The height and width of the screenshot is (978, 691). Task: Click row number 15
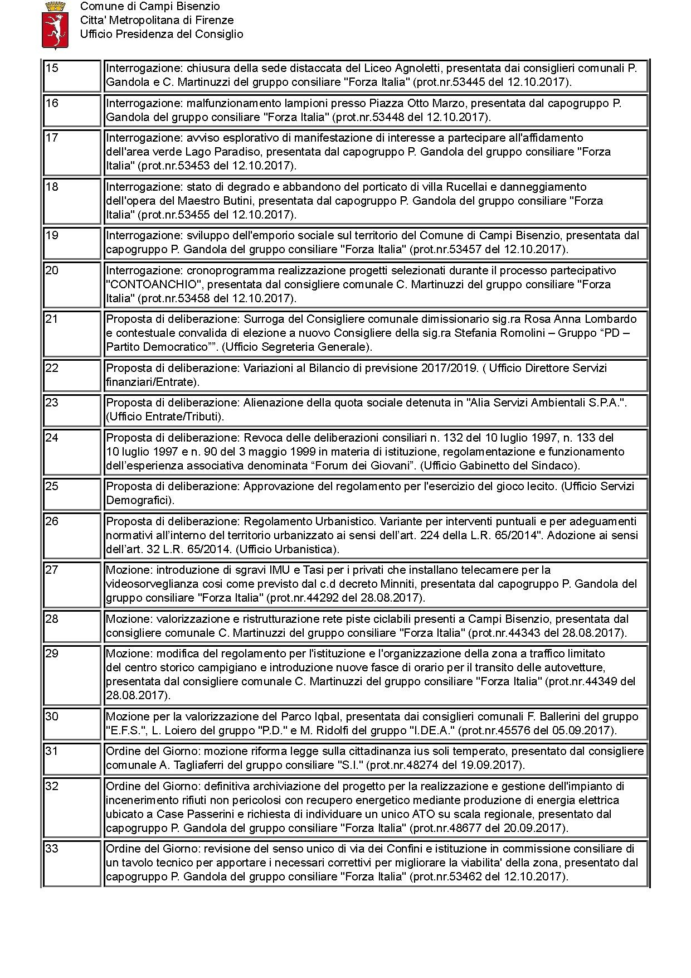pos(51,68)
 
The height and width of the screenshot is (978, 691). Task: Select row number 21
pos(51,319)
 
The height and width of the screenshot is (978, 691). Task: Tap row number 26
pos(51,521)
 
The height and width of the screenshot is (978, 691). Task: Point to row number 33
pos(51,849)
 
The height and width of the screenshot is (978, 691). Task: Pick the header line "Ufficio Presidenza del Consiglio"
pos(162,34)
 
